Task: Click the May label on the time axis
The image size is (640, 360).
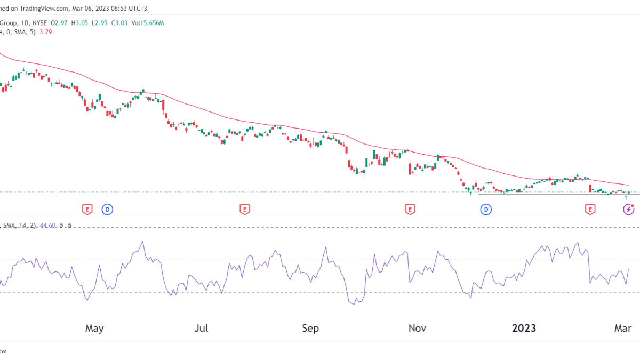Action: click(x=94, y=328)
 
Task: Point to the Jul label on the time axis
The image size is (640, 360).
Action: click(x=201, y=328)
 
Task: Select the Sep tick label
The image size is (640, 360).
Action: click(x=310, y=328)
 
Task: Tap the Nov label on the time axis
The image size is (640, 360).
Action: click(x=417, y=328)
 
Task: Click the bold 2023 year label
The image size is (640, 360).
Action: click(x=524, y=328)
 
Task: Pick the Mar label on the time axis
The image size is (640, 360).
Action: click(x=621, y=328)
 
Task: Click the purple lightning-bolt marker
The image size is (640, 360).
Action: click(x=629, y=210)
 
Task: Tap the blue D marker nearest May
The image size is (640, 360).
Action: click(x=107, y=210)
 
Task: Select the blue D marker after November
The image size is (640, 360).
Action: click(x=486, y=210)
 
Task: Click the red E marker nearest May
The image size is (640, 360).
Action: click(x=87, y=210)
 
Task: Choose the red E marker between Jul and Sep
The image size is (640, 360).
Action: click(x=244, y=210)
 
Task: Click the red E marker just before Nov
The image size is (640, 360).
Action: click(x=410, y=210)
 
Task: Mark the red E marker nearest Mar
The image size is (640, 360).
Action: click(x=590, y=210)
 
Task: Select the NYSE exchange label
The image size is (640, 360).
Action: click(x=39, y=23)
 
